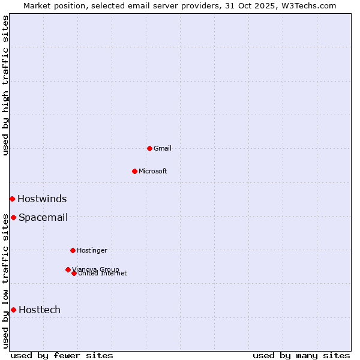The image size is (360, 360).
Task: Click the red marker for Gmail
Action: click(149, 148)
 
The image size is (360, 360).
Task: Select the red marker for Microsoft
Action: click(134, 171)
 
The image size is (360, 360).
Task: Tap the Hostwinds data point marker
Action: click(12, 199)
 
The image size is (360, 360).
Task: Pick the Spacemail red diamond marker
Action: click(13, 217)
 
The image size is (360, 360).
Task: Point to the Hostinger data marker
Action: click(73, 250)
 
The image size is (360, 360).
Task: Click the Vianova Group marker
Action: click(68, 269)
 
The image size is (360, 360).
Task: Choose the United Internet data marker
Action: click(74, 273)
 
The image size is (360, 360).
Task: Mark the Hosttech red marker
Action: click(13, 310)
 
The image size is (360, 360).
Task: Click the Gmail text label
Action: click(163, 148)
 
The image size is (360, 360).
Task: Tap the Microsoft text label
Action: click(153, 171)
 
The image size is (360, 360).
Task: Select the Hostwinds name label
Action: click(42, 199)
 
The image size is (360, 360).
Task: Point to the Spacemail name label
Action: click(43, 218)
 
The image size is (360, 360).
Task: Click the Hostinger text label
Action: click(92, 250)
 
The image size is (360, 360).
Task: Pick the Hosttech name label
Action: click(40, 310)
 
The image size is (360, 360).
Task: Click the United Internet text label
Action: click(103, 274)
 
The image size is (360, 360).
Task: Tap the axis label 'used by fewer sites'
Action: click(62, 355)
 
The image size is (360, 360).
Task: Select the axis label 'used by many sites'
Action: click(301, 355)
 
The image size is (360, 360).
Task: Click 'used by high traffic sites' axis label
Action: click(6, 85)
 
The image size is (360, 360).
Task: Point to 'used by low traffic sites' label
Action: click(6, 281)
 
